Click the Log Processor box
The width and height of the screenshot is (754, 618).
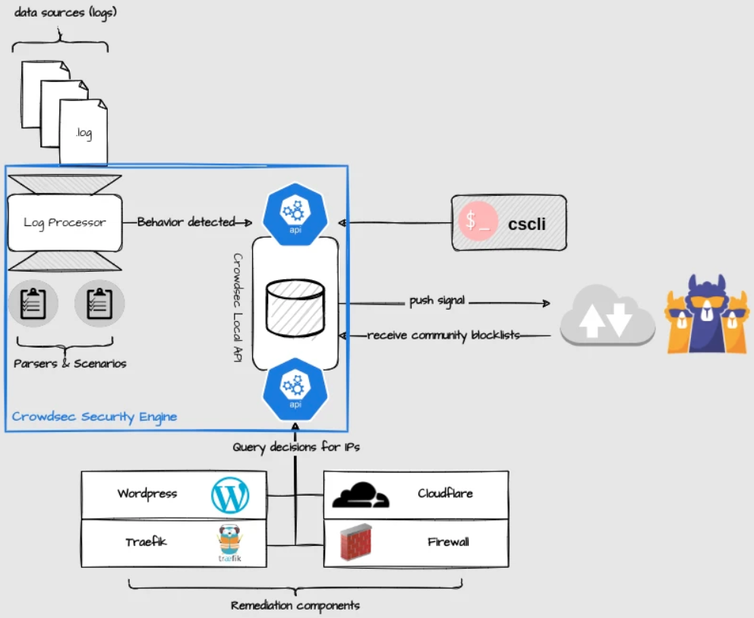(65, 222)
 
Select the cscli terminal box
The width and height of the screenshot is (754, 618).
(509, 222)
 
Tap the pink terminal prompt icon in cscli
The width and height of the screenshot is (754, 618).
(478, 221)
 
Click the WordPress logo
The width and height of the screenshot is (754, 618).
(230, 495)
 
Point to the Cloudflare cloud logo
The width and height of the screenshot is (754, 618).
(361, 495)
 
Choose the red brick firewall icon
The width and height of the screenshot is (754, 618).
(356, 543)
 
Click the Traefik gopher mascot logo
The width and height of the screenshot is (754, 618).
(230, 543)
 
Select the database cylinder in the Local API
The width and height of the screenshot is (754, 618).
(295, 308)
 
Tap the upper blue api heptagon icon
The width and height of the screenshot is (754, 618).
(295, 215)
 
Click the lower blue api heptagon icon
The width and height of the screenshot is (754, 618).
(295, 389)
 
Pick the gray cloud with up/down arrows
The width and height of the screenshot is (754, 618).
(607, 315)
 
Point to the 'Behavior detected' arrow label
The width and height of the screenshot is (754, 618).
(186, 222)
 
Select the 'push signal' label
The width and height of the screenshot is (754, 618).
(437, 301)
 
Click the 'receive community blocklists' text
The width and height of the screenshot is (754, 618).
(443, 335)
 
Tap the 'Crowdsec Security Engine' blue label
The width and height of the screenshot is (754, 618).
(94, 417)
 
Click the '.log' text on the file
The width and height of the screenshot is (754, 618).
(84, 133)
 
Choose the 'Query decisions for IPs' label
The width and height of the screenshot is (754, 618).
(296, 447)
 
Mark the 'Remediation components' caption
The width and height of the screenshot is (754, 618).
(295, 605)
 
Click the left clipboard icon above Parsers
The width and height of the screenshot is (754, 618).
(33, 304)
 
